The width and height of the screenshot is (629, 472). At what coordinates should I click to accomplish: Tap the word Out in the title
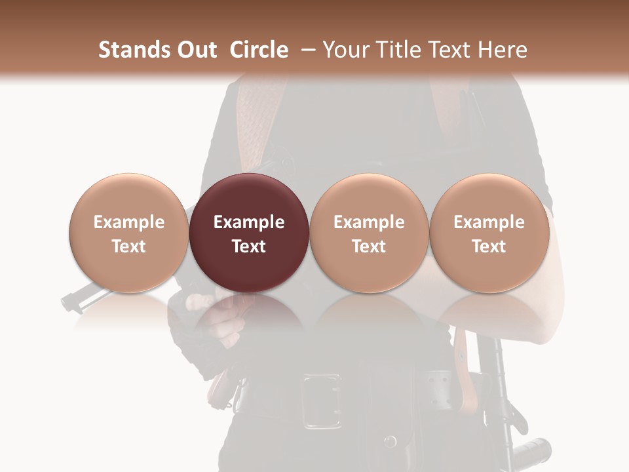pyautogui.click(x=196, y=50)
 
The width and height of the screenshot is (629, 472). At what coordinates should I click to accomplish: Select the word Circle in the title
pyautogui.click(x=259, y=50)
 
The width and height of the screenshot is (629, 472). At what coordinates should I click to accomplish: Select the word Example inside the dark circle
pyautogui.click(x=249, y=222)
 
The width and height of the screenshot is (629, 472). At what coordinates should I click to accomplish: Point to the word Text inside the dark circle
pyautogui.click(x=249, y=246)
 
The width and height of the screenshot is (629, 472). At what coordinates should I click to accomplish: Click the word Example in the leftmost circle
pyautogui.click(x=128, y=222)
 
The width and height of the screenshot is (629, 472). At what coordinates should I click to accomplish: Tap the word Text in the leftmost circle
pyautogui.click(x=128, y=246)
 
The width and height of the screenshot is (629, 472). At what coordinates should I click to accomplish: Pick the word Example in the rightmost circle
pyautogui.click(x=489, y=222)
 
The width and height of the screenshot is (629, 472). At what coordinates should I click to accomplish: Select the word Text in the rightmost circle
pyautogui.click(x=489, y=246)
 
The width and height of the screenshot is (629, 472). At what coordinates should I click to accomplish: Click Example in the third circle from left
pyautogui.click(x=369, y=222)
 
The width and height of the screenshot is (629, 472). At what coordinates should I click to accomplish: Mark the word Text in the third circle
pyautogui.click(x=369, y=246)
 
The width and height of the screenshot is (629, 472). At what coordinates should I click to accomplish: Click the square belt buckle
pyautogui.click(x=321, y=401)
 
